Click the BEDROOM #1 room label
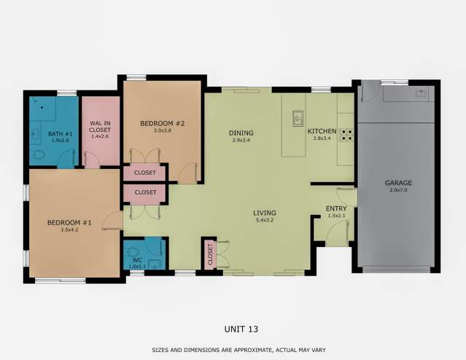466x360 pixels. [x=69, y=222]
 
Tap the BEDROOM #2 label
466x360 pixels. [x=162, y=123]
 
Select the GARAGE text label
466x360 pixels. [x=399, y=183]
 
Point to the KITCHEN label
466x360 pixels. [x=322, y=131]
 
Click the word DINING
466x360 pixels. [x=241, y=133]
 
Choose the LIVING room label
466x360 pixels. [x=265, y=213]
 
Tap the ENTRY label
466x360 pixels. [x=336, y=209]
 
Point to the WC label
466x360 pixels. [x=136, y=260]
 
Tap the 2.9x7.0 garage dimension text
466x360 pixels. [x=399, y=189]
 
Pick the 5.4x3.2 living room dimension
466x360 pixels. [x=265, y=219]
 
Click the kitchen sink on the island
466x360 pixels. [x=298, y=117]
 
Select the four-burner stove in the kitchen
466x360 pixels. [x=346, y=135]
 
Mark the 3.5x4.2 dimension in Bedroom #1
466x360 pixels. [x=69, y=230]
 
